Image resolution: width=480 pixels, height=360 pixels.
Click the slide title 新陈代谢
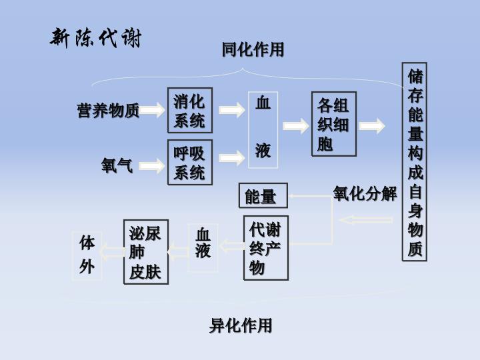[x=96, y=38]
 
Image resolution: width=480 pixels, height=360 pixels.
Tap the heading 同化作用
[x=253, y=49]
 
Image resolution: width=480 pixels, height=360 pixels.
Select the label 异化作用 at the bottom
[x=241, y=325]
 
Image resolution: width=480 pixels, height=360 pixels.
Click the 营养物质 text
[x=108, y=111]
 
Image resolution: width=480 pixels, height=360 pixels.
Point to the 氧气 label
[x=117, y=165]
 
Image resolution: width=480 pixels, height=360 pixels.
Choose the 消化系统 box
[x=189, y=111]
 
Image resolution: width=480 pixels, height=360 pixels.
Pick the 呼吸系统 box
[x=189, y=162]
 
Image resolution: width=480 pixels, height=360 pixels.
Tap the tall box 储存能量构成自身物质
[x=415, y=162]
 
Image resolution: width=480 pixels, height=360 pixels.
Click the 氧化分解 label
[x=365, y=194]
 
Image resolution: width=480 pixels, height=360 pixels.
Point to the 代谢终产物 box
[x=265, y=249]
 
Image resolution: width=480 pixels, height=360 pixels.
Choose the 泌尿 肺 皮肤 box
[x=145, y=252]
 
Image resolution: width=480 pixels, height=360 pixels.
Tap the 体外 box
[x=87, y=255]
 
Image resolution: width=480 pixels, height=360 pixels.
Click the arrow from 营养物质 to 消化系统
[x=153, y=110]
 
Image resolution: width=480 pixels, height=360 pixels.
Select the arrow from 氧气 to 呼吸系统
[x=153, y=165]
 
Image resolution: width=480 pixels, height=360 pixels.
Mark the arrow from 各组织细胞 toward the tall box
[x=372, y=125]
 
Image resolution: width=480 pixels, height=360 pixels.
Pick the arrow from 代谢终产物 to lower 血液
[x=231, y=247]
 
